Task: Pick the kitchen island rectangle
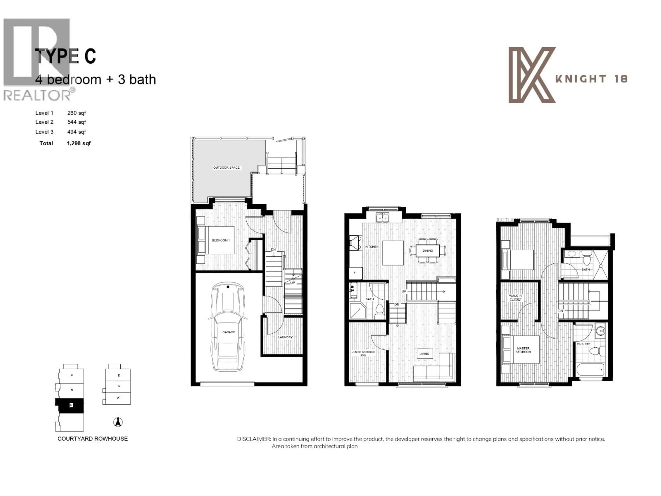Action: pos(393,253)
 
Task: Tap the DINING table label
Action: pos(428,251)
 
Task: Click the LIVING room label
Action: pos(424,354)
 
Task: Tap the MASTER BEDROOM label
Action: pos(523,350)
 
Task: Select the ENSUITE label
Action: pos(583,344)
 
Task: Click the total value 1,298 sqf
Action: pos(79,143)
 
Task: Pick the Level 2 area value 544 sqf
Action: pos(76,122)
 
